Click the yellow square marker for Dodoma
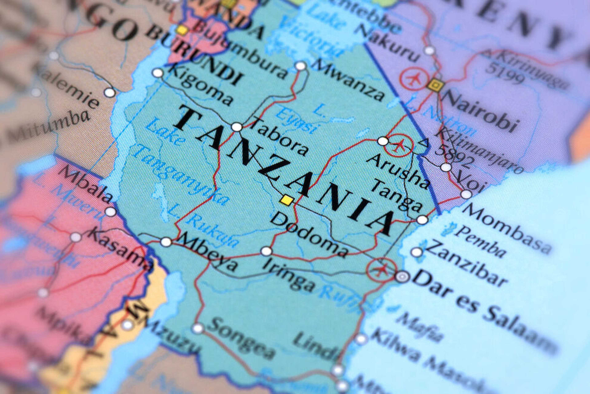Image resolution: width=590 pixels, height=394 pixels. click(287, 200)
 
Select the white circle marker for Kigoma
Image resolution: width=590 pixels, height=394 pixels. click(157, 73)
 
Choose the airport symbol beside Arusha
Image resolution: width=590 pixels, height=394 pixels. click(398, 145)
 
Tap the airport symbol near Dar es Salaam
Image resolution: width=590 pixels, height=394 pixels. click(381, 270)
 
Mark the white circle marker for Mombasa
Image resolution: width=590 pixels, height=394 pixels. click(466, 194)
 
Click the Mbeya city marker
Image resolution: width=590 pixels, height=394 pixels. click(166, 242)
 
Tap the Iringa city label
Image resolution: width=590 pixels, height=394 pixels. click(289, 276)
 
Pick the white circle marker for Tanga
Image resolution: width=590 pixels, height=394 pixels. click(422, 220)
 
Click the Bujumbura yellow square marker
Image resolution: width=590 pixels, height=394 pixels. click(182, 30)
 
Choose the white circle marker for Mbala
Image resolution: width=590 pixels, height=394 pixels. click(110, 212)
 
